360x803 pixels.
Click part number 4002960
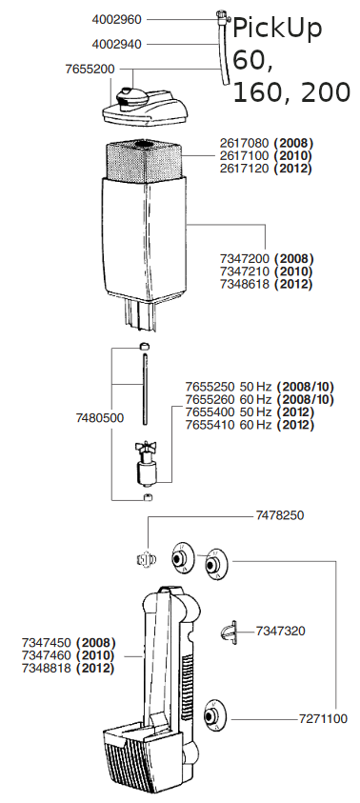tap(117, 19)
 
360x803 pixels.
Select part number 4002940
tap(117, 45)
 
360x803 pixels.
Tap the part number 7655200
tap(90, 70)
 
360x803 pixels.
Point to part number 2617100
tap(244, 155)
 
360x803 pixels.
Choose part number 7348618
tap(244, 284)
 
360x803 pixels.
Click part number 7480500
tap(99, 418)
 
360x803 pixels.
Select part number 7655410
tap(210, 425)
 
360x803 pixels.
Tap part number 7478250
tap(279, 515)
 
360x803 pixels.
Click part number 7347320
tap(281, 631)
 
